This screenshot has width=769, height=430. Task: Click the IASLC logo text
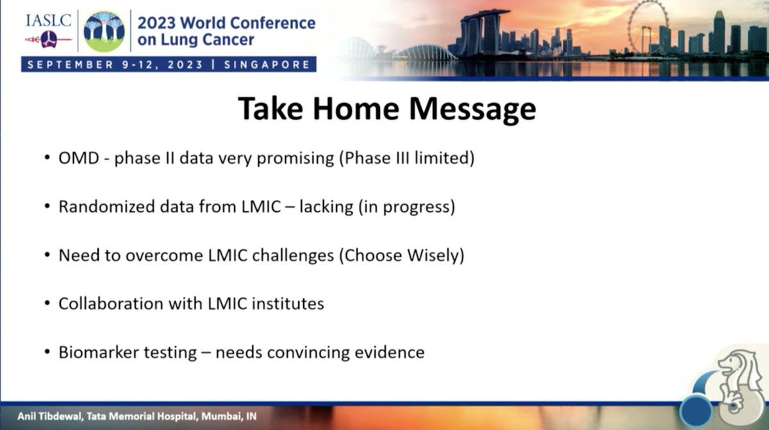pos(49,21)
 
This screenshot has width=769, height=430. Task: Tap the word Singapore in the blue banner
pos(267,65)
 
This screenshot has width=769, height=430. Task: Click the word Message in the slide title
pos(472,109)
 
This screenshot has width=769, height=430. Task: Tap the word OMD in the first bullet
pos(79,158)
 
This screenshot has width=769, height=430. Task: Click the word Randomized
pos(107,207)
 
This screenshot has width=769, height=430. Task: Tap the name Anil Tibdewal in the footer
pos(50,417)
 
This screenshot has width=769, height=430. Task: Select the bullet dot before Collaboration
pos(47,303)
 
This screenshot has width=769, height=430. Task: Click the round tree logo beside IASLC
pos(104,31)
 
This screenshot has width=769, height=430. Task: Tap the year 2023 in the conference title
pos(156,23)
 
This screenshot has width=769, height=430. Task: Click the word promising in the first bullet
pos(295,159)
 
